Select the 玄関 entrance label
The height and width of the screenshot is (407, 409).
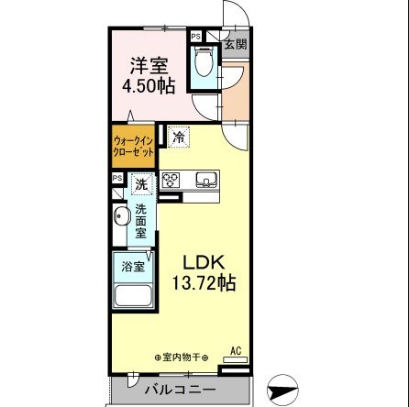[234, 42]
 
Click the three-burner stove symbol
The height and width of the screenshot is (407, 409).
[171, 181]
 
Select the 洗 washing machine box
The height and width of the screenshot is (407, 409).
[140, 184]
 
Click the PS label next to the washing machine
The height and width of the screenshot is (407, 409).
[116, 178]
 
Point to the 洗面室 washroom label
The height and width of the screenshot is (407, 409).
[140, 221]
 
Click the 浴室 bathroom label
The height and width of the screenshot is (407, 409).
[133, 267]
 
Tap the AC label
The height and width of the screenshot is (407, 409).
[236, 349]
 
